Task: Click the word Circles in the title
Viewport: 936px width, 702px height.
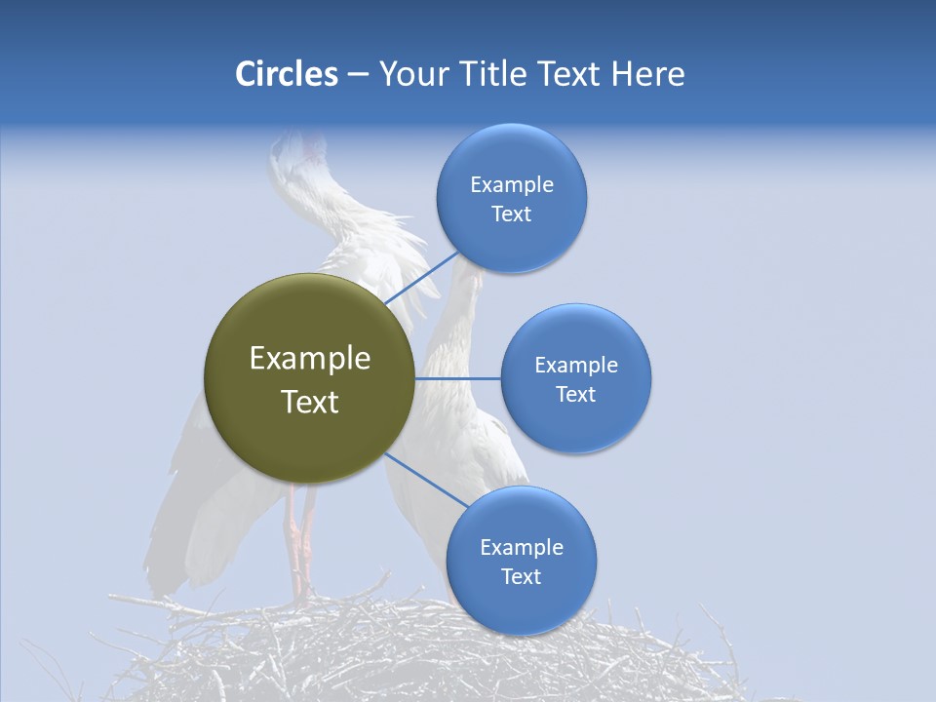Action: coord(286,74)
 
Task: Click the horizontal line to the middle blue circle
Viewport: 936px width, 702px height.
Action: coord(458,378)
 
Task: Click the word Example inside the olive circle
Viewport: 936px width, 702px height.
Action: coord(309,359)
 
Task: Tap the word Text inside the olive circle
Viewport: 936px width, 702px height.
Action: coord(309,402)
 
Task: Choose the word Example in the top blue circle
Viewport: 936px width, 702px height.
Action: coord(511,185)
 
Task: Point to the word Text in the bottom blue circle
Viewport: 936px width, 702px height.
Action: coord(521,576)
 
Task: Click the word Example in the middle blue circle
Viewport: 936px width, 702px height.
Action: coord(575,366)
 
